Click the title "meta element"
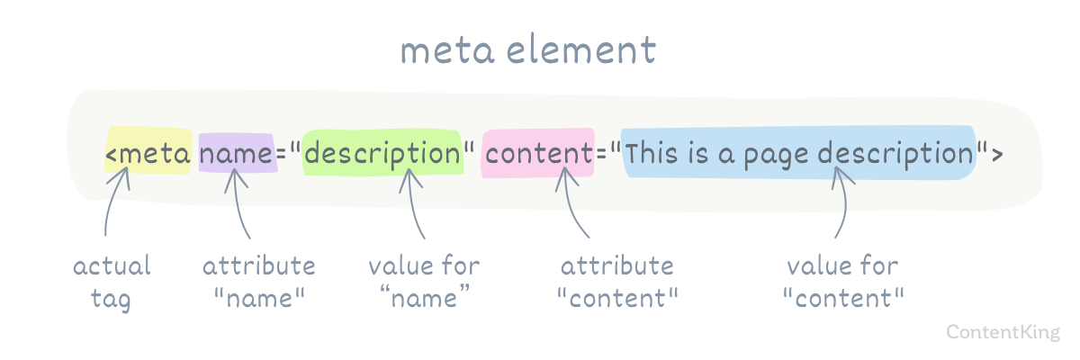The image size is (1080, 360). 528,50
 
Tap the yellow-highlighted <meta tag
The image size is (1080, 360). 148,154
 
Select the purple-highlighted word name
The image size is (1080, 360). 236,154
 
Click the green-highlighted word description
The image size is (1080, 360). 382,154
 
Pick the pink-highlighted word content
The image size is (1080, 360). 538,154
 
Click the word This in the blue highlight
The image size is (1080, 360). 652,153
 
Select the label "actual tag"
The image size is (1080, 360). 112,283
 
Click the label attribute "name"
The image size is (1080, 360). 259,282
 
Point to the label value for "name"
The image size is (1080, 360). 424,282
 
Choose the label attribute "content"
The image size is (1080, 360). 617,282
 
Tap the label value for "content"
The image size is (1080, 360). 843,282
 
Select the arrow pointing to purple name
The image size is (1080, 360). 238,202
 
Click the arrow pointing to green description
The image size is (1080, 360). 413,202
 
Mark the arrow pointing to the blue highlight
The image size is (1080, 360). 845,202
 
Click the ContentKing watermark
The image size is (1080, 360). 1003,332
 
